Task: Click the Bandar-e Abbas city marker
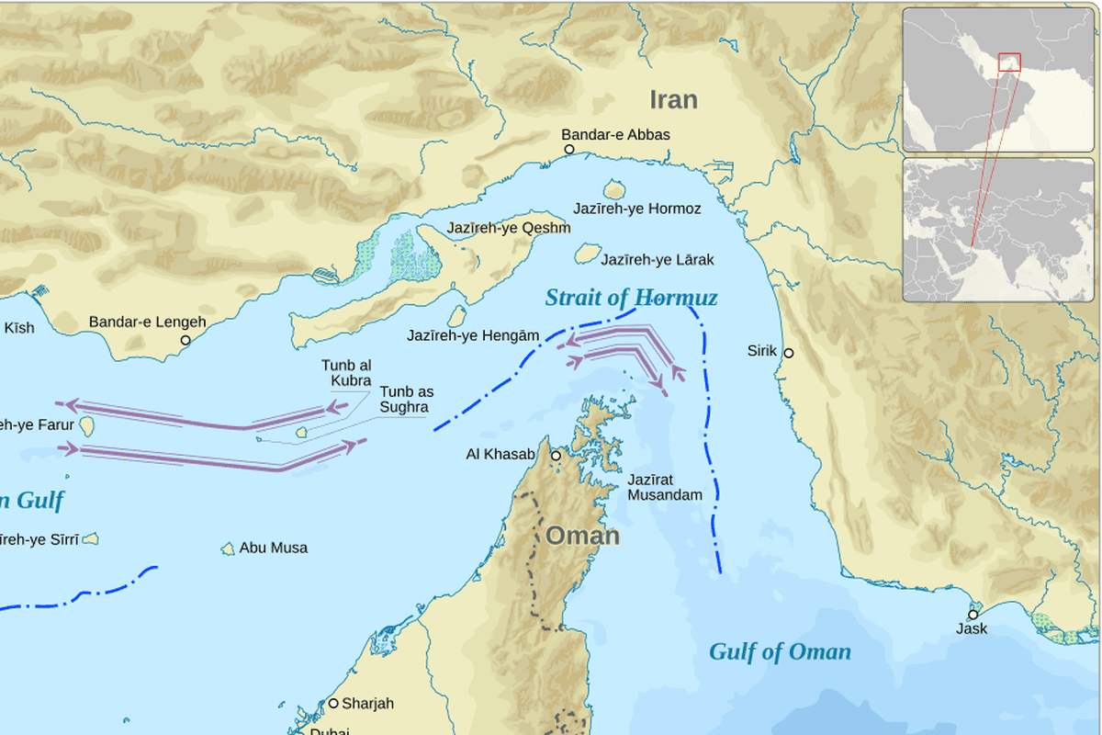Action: click(x=568, y=149)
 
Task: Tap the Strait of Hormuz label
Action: click(x=631, y=298)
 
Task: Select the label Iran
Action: click(x=673, y=99)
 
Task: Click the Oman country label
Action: click(x=582, y=536)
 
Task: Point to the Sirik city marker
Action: click(x=788, y=353)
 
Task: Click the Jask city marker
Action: click(x=973, y=615)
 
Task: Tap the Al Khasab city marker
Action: click(x=556, y=456)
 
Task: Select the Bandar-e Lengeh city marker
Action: click(x=185, y=340)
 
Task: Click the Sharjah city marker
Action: click(x=333, y=704)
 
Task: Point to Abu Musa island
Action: click(x=228, y=548)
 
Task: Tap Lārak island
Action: click(x=587, y=253)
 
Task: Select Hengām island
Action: click(x=456, y=316)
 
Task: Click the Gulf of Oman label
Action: click(x=780, y=652)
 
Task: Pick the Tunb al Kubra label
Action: click(x=346, y=373)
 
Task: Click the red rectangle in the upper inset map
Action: click(x=1009, y=62)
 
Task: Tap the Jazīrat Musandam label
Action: click(x=664, y=487)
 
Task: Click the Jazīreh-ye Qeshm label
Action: click(x=508, y=228)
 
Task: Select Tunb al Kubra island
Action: click(x=302, y=432)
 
